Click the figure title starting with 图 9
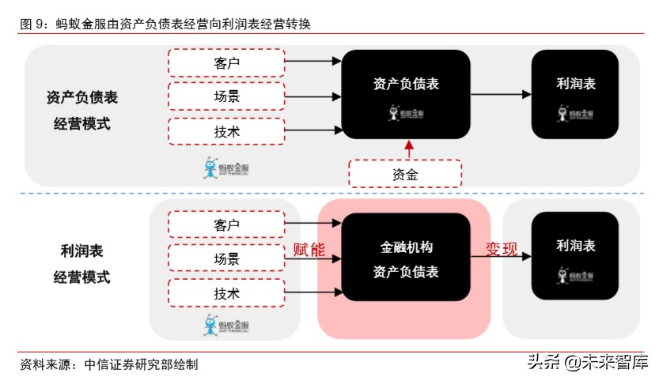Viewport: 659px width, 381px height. coord(165,25)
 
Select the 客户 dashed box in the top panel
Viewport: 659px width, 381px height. coord(226,61)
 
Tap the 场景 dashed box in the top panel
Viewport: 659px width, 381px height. coord(226,96)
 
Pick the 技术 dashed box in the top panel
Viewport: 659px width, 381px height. coord(226,131)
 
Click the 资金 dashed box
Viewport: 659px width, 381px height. coord(405,173)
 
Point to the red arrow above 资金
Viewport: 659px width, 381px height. coord(408,149)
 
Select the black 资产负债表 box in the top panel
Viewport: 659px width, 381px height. coord(405,94)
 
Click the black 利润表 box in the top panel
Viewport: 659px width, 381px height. coord(574,94)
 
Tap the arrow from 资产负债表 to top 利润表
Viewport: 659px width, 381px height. coord(501,94)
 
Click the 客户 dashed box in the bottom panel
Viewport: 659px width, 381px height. coord(226,224)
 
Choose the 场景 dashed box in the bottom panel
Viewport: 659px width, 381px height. coord(226,258)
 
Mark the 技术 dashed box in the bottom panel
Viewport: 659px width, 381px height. coord(226,293)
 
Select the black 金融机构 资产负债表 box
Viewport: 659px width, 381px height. coord(405,258)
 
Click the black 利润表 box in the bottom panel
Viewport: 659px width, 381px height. coord(574,258)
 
